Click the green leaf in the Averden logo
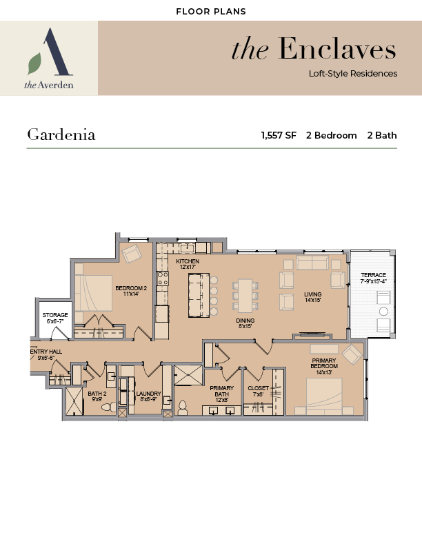coord(34,63)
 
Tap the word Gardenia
coord(61,134)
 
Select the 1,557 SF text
coord(279,135)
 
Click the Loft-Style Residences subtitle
coord(353,74)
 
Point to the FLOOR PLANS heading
coord(211,12)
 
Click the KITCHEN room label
coord(188,261)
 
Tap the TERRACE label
coord(373,275)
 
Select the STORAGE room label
coord(55,315)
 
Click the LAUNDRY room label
coord(148,394)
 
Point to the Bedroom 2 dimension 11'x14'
coord(131,294)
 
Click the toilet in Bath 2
coord(111,407)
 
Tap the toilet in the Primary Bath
coord(182,407)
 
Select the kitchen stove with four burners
coord(163,279)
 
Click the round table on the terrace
coord(383,311)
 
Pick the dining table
coord(245,295)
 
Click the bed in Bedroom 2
coord(93,293)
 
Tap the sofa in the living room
coord(312,263)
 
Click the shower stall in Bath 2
coord(74,401)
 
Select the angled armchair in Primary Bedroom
coord(352,354)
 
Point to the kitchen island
coord(199,295)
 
